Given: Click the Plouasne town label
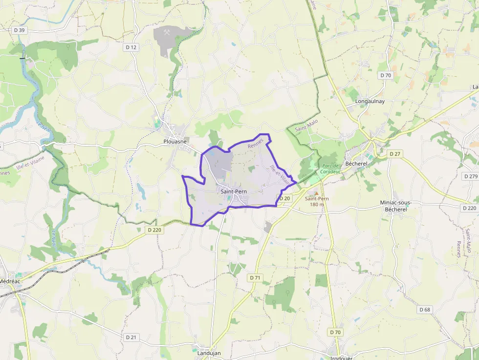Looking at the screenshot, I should (x=175, y=141).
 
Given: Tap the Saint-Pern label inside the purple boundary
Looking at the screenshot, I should (x=233, y=191).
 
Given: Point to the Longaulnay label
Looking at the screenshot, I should (x=370, y=102).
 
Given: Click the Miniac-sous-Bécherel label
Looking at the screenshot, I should (x=396, y=206).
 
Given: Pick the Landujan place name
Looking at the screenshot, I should (x=209, y=353).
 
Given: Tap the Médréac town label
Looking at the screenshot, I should (x=10, y=281).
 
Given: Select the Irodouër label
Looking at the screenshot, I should (x=341, y=358).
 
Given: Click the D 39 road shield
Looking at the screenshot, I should (x=20, y=30).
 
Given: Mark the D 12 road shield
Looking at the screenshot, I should (x=131, y=47).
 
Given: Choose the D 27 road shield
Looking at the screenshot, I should (x=395, y=153).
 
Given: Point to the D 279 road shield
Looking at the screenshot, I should (x=470, y=176).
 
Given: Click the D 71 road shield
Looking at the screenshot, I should (x=255, y=277).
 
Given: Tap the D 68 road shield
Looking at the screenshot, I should (x=425, y=310).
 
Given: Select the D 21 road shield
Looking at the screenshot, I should (x=131, y=337).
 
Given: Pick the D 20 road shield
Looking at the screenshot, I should (x=284, y=198).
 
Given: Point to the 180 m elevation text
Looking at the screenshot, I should (x=317, y=204).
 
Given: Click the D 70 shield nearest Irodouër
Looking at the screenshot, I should (x=335, y=332).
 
